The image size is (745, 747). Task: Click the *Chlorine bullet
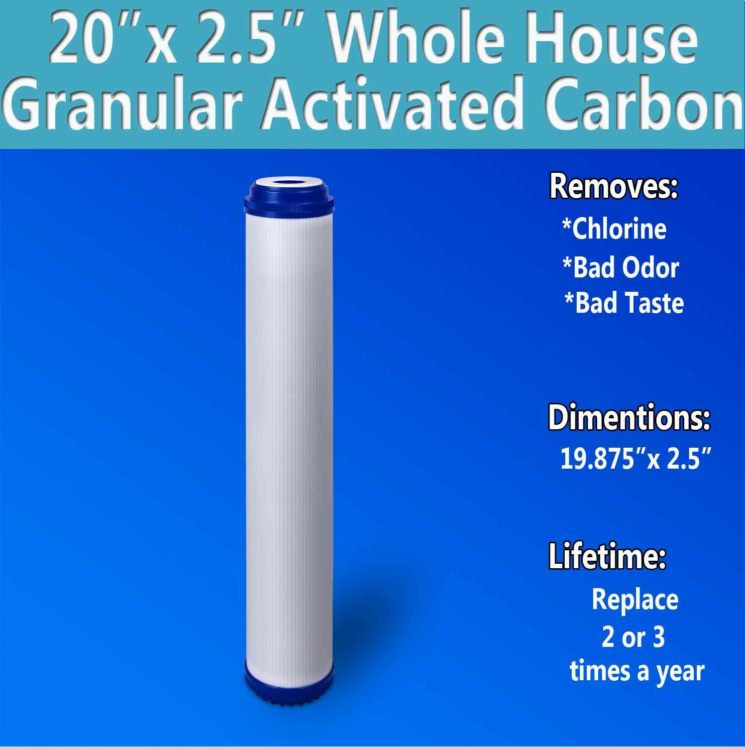614,229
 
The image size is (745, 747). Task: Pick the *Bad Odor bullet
621,267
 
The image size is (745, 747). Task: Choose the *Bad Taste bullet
624,303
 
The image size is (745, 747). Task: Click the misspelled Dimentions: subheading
629,418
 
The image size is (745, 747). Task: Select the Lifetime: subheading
607,557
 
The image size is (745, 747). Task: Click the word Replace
635,599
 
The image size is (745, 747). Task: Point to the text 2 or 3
633,637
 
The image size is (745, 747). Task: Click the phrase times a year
637,671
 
